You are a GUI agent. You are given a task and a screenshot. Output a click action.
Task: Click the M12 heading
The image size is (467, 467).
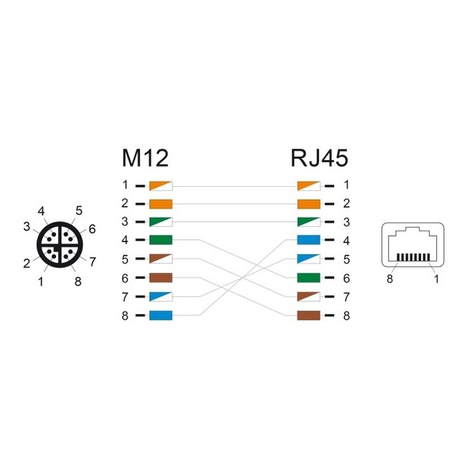pyautogui.click(x=147, y=157)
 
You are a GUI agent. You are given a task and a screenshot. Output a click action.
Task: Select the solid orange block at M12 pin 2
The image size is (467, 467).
pyautogui.click(x=160, y=203)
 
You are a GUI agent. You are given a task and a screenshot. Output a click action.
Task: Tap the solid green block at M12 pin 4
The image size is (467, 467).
pyautogui.click(x=160, y=240)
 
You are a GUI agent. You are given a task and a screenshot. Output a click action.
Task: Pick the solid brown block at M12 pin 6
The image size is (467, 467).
pyautogui.click(x=160, y=277)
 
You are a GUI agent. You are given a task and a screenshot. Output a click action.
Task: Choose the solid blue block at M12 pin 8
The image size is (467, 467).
pyautogui.click(x=160, y=315)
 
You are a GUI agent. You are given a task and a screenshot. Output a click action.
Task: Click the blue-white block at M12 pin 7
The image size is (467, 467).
pyautogui.click(x=160, y=296)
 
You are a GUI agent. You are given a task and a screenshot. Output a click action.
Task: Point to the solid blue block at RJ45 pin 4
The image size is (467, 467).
pyautogui.click(x=308, y=240)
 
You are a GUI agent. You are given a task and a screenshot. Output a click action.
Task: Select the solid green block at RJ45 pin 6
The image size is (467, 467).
pyautogui.click(x=308, y=277)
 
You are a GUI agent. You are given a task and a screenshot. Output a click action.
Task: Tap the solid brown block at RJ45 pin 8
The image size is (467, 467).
pyautogui.click(x=308, y=315)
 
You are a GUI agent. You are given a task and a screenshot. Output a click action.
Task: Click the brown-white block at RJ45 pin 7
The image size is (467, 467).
pyautogui.click(x=308, y=296)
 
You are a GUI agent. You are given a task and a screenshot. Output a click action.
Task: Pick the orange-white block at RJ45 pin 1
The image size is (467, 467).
pyautogui.click(x=308, y=185)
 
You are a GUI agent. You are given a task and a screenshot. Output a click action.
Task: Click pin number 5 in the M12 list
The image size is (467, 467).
pyautogui.click(x=125, y=259)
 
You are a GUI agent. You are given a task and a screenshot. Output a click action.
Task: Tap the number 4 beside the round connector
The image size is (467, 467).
pyautogui.click(x=42, y=211)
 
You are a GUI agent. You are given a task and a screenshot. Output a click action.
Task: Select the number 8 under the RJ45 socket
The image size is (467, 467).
pyautogui.click(x=390, y=279)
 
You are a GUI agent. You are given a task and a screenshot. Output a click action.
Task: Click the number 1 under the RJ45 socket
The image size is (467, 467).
pyautogui.click(x=436, y=279)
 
